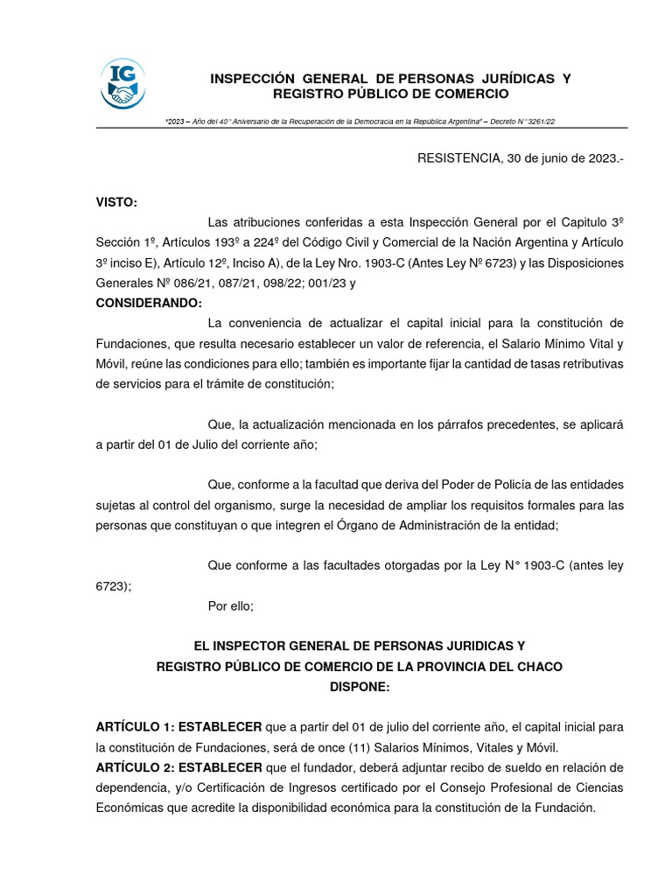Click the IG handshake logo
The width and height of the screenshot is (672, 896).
click(123, 84)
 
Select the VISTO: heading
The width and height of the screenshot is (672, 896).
click(116, 202)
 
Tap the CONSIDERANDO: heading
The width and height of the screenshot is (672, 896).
click(149, 303)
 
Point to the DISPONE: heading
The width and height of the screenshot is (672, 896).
click(359, 687)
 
